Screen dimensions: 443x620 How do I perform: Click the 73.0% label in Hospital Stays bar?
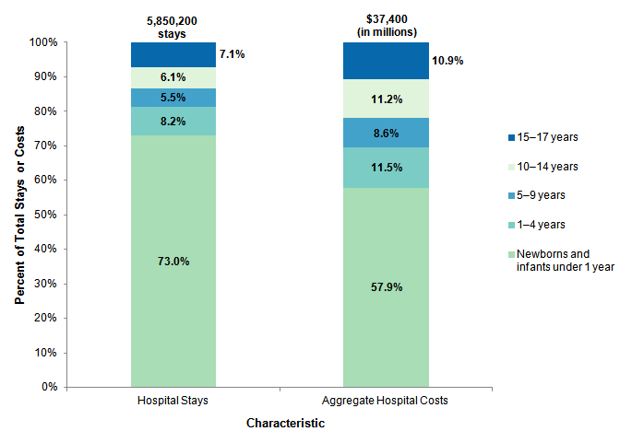173,261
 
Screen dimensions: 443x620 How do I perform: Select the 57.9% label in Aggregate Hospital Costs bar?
386,286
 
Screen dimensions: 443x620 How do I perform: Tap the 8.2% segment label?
173,121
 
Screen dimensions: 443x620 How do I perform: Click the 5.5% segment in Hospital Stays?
173,97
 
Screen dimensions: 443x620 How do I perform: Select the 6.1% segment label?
173,77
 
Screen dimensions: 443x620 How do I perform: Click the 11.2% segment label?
386,99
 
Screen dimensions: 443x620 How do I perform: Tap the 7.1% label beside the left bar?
232,54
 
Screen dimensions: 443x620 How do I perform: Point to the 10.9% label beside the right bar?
447,61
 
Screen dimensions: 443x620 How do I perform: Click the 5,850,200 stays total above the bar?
173,27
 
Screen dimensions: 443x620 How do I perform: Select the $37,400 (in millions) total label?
386,27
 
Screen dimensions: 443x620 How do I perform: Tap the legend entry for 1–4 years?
540,224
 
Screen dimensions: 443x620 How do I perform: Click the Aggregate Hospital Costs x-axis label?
386,402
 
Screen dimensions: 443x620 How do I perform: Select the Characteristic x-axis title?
285,424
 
